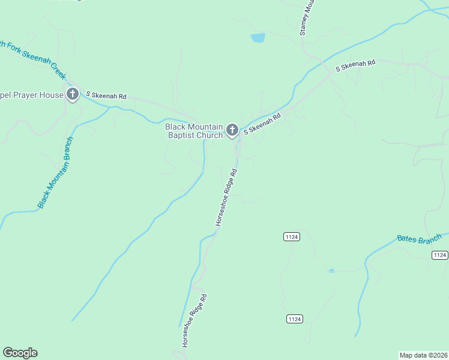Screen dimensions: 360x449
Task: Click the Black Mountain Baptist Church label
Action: (194, 131)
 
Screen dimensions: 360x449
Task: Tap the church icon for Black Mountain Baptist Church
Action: (232, 130)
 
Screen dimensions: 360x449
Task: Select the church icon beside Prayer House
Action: (73, 94)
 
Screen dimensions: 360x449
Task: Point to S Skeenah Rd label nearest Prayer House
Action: (106, 95)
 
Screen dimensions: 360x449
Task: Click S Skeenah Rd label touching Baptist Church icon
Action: (262, 124)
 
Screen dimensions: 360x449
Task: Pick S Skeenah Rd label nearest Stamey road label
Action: (355, 65)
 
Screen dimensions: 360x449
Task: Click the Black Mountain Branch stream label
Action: (55, 173)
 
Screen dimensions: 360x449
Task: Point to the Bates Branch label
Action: (419, 238)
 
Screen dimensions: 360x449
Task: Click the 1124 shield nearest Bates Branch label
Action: (440, 255)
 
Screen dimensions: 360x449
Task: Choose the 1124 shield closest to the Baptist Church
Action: (292, 237)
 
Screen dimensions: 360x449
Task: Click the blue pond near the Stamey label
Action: (258, 38)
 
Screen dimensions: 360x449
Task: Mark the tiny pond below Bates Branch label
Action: (331, 271)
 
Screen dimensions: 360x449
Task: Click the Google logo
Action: (20, 353)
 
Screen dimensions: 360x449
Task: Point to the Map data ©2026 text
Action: (423, 355)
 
